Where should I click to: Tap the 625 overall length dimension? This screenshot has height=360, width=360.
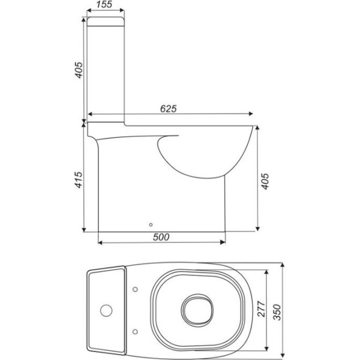pyautogui.click(x=168, y=108)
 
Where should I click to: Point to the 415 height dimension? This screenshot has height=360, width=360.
pyautogui.click(x=76, y=178)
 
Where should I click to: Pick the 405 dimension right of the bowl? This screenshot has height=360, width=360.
pyautogui.click(x=265, y=178)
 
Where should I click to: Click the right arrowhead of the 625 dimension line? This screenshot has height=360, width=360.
pyautogui.click(x=253, y=114)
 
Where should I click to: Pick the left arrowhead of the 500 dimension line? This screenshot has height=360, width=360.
pyautogui.click(x=100, y=243)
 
